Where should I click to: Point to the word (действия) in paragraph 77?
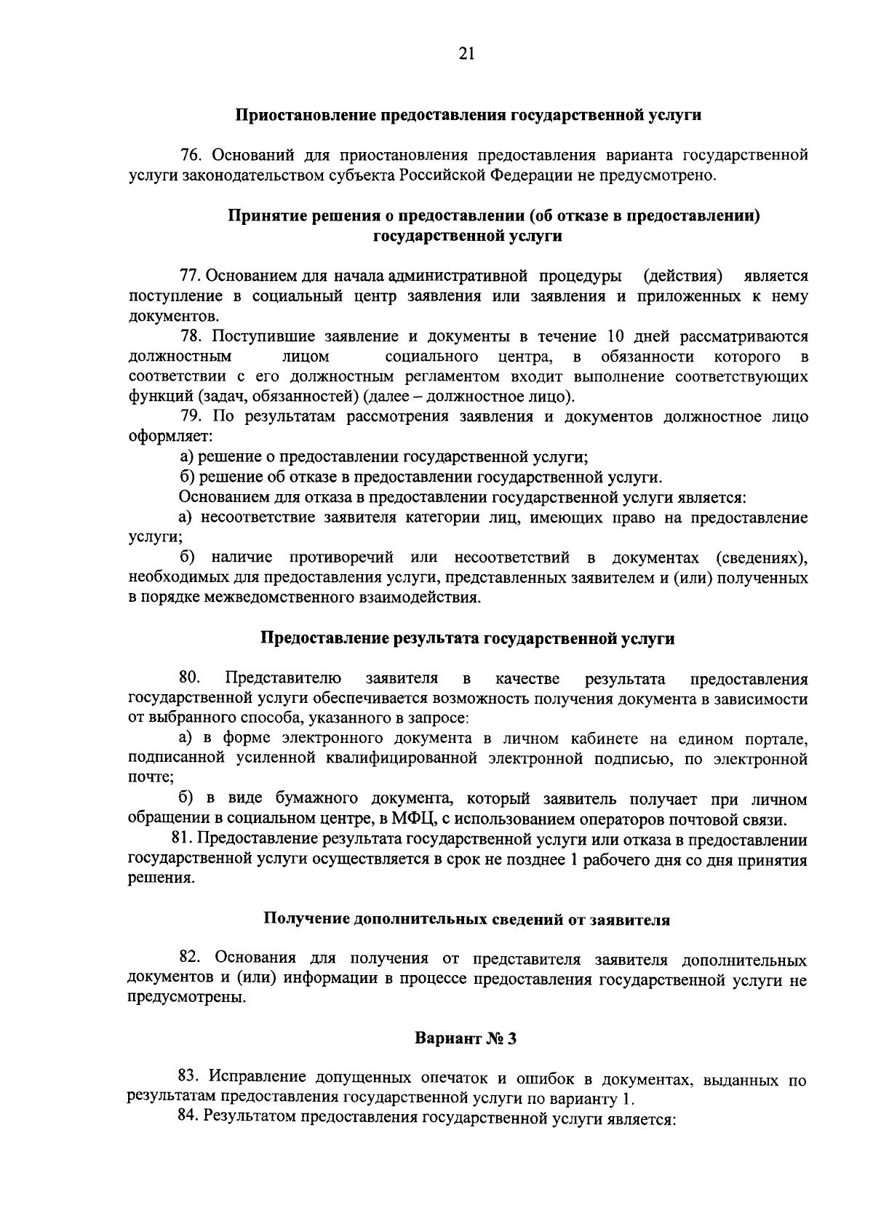[683, 277]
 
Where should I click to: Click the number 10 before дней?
[608, 336]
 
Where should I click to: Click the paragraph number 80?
[190, 678]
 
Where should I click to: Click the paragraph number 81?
[189, 840]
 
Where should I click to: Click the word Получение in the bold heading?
[299, 919]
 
